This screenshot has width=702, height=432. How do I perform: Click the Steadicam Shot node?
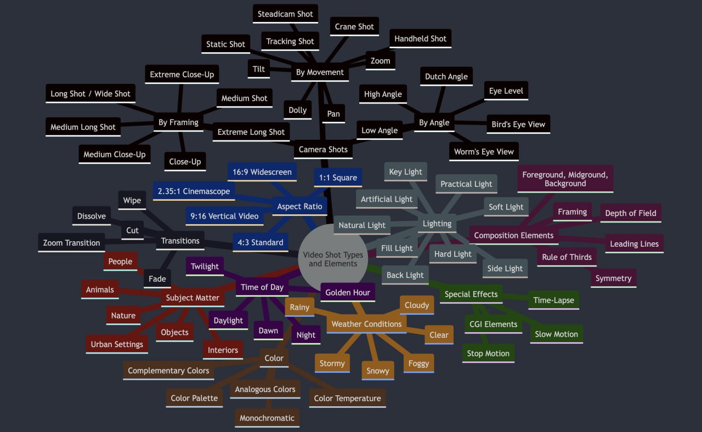coord(285,14)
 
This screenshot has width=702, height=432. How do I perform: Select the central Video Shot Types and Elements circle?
coord(333,259)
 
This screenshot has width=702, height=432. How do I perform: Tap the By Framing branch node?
coord(178,122)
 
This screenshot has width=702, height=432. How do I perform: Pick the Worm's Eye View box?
coord(484,152)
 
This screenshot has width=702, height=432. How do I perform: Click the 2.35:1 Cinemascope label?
coord(194,191)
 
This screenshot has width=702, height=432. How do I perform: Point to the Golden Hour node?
coord(348,292)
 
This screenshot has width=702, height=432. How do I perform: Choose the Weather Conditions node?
coord(367,324)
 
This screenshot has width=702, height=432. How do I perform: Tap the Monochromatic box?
coord(267,418)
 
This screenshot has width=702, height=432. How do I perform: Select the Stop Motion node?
coord(488,354)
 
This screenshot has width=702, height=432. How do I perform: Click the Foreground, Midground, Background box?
coord(565,179)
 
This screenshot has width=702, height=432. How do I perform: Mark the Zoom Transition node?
coord(71,243)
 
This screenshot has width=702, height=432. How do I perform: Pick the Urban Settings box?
coord(117,344)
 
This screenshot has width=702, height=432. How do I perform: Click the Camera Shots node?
coord(323,150)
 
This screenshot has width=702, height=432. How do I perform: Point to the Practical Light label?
coord(466,184)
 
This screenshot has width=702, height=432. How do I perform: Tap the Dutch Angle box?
coord(446,76)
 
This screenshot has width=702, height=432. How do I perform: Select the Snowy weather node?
coord(378,371)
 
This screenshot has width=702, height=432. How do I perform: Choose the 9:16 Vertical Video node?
coord(224,216)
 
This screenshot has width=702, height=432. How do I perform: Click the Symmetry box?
coord(614,278)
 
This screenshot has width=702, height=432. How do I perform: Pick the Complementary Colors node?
coord(168,371)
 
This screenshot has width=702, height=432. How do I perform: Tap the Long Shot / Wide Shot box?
coord(90,94)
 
